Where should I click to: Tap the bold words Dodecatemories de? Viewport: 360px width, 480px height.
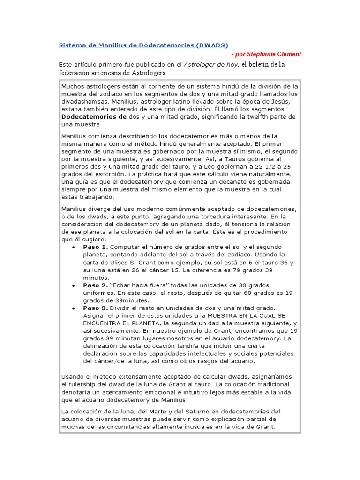(x=94, y=116)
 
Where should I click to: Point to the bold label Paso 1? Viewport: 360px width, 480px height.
(x=96, y=247)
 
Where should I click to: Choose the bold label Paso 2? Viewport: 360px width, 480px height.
(x=96, y=285)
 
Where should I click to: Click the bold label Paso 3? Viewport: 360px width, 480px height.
(x=96, y=308)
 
